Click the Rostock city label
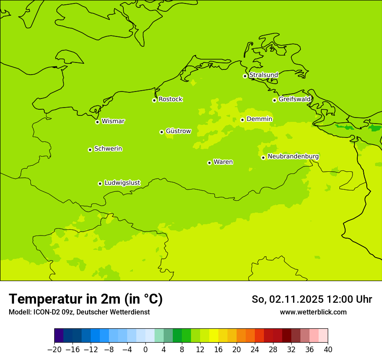click(x=170, y=99)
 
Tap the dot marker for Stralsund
click(x=245, y=76)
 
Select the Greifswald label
click(x=294, y=99)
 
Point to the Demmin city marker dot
click(x=242, y=120)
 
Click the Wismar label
click(x=113, y=121)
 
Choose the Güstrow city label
click(x=178, y=131)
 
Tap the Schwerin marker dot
click(x=90, y=150)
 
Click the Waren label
click(x=223, y=162)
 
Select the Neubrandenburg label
click(x=293, y=157)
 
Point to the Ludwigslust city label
click(x=122, y=183)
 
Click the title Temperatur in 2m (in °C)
click(x=86, y=299)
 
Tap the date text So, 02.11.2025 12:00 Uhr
click(x=312, y=299)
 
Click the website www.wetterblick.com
click(x=313, y=312)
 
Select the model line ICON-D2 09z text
click(x=79, y=312)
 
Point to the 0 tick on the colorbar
click(x=145, y=349)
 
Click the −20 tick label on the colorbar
click(x=54, y=349)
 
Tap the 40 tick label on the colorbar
click(x=328, y=349)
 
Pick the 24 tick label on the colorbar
click(x=255, y=349)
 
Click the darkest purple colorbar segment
click(x=59, y=336)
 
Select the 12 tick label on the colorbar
click(x=200, y=349)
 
